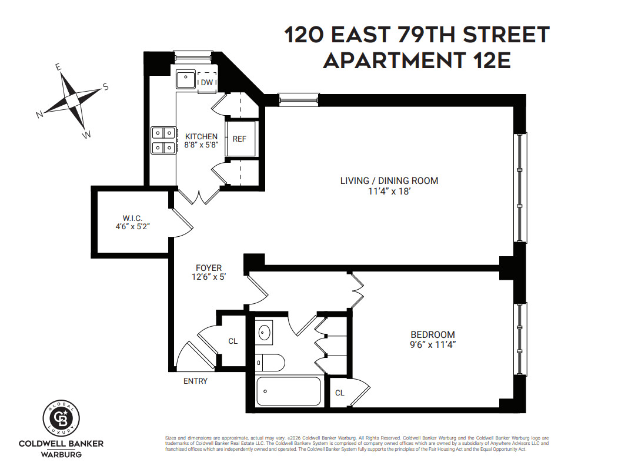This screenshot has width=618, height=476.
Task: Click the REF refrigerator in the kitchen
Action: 240,139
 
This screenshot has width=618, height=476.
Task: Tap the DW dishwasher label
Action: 206,82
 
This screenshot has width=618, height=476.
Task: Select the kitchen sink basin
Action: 186,78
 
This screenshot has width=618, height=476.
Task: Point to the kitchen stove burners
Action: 163,140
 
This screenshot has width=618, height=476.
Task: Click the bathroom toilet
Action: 271,362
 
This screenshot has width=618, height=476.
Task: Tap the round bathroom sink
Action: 265,333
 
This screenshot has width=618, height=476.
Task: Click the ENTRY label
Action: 195,381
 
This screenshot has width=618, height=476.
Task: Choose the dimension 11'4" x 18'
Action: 389,191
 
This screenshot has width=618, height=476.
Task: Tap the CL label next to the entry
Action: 233,341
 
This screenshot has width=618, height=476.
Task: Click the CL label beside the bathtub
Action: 340,393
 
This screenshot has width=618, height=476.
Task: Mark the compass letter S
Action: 106,87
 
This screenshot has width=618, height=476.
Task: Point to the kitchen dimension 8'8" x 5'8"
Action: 202,145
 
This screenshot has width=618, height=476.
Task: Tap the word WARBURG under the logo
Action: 61,454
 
